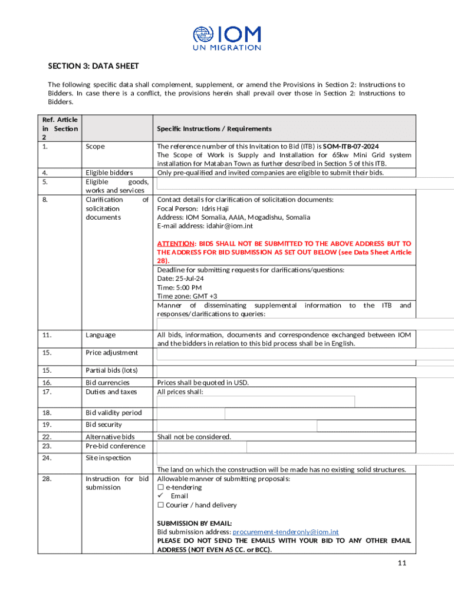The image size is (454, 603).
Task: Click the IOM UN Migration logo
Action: coord(227,38)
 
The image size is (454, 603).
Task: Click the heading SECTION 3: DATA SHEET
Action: coord(93,66)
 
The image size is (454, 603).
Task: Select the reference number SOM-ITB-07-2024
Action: coord(351,146)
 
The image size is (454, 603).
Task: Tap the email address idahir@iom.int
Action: coord(229,226)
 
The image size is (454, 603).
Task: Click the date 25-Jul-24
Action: coord(184,279)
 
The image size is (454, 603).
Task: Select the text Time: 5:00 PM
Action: coord(179,287)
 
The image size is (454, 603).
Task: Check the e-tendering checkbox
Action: coord(160,488)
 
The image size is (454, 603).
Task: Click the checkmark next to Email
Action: coord(160,496)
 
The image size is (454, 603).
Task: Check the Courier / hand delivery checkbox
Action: coord(160,505)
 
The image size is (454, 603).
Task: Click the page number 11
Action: coord(402,564)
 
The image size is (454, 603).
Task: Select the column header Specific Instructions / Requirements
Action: coord(214,128)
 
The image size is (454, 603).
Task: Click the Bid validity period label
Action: coord(114,413)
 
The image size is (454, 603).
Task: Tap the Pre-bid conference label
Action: coord(116,446)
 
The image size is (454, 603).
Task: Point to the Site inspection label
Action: coord(108,458)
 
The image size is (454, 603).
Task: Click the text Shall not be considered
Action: coord(194,437)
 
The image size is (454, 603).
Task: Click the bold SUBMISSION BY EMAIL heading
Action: coord(194,523)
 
